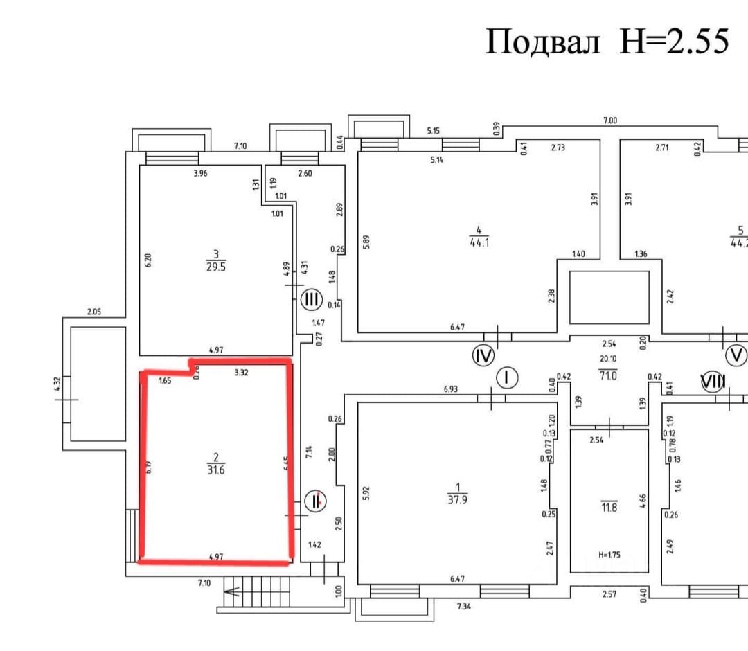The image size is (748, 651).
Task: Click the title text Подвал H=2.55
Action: (607, 42)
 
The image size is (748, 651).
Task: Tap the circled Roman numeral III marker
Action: (312, 300)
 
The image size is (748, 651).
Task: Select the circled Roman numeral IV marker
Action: (483, 356)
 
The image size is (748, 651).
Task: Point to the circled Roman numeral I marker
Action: (508, 377)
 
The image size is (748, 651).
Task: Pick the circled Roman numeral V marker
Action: (736, 356)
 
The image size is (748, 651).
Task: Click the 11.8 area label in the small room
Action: (609, 507)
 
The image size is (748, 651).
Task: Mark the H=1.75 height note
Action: (609, 554)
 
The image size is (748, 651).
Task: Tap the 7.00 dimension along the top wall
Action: (609, 121)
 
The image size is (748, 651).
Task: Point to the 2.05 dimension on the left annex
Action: (94, 312)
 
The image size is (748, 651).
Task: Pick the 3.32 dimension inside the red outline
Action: (242, 372)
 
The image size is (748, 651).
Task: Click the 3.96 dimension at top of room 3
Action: (201, 173)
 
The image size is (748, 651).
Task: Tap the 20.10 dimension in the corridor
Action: (607, 359)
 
